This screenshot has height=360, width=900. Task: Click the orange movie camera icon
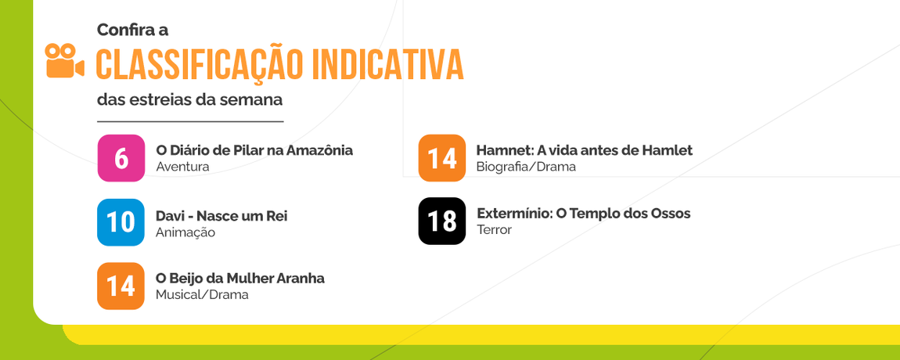coord(65,61)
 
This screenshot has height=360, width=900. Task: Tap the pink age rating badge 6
coord(121,158)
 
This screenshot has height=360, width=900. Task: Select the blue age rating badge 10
coord(121,222)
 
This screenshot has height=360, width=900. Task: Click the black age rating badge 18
coord(442,221)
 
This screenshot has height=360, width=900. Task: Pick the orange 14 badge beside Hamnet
coord(442,158)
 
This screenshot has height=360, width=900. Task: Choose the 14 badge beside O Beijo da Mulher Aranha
coord(121,286)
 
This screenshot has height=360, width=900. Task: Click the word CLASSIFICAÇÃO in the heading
coord(200,65)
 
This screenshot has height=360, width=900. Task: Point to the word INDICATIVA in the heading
coord(387,65)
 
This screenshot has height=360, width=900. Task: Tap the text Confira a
coord(132,30)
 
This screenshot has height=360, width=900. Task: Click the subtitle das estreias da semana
coord(189,101)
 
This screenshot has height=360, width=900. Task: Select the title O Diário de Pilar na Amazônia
coord(254,150)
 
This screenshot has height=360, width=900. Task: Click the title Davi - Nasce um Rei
coord(221,216)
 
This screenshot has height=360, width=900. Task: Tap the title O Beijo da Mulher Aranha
coord(240,279)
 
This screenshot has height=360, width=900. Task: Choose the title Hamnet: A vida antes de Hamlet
coord(584,150)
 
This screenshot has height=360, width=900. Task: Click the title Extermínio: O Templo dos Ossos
coord(584,214)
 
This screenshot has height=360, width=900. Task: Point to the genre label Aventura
coord(182,167)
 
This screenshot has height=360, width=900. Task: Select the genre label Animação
coord(185,232)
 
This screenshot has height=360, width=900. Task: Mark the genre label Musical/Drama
coord(202,295)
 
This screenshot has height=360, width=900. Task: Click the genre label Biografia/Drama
coord(526,167)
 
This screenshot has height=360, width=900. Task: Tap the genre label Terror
coord(494,230)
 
